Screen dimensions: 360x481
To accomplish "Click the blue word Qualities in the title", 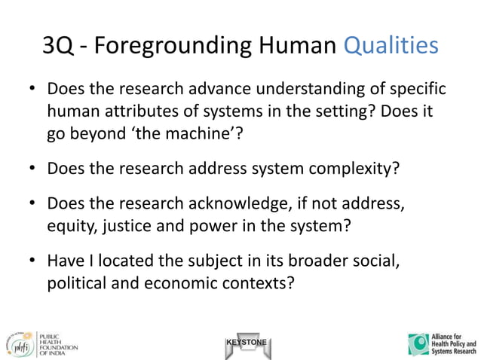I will (x=390, y=45).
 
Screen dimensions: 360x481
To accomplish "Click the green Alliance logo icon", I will (x=418, y=343).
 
